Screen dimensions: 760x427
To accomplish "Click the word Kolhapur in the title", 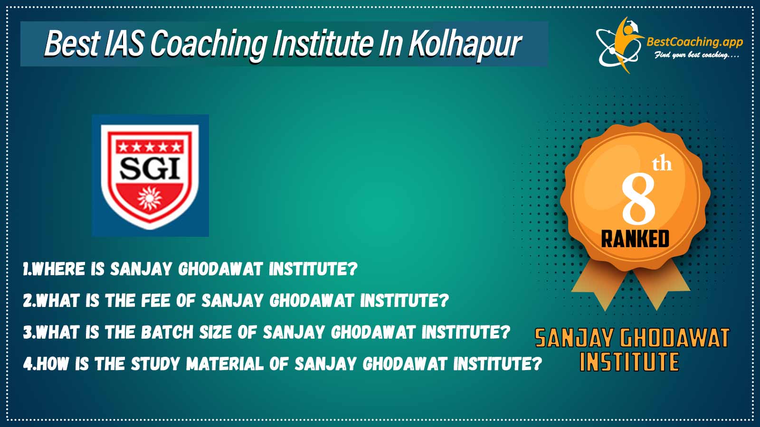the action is (x=465, y=44).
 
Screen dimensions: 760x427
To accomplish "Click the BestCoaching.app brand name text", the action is (x=694, y=42).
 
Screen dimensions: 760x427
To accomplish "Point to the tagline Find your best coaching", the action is (x=696, y=55).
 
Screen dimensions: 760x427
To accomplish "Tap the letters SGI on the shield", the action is (x=150, y=168).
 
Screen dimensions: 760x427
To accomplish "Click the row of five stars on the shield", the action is (x=150, y=147).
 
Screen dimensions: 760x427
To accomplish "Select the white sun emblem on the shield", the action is (x=150, y=197).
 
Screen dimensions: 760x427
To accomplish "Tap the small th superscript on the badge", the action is (x=662, y=164).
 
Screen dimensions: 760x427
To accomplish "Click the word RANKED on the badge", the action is (x=635, y=239).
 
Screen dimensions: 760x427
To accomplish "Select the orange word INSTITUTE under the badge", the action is (x=629, y=362).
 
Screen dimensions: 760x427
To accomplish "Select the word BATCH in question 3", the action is (x=167, y=332).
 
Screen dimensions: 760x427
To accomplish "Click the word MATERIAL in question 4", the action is (x=225, y=363).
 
